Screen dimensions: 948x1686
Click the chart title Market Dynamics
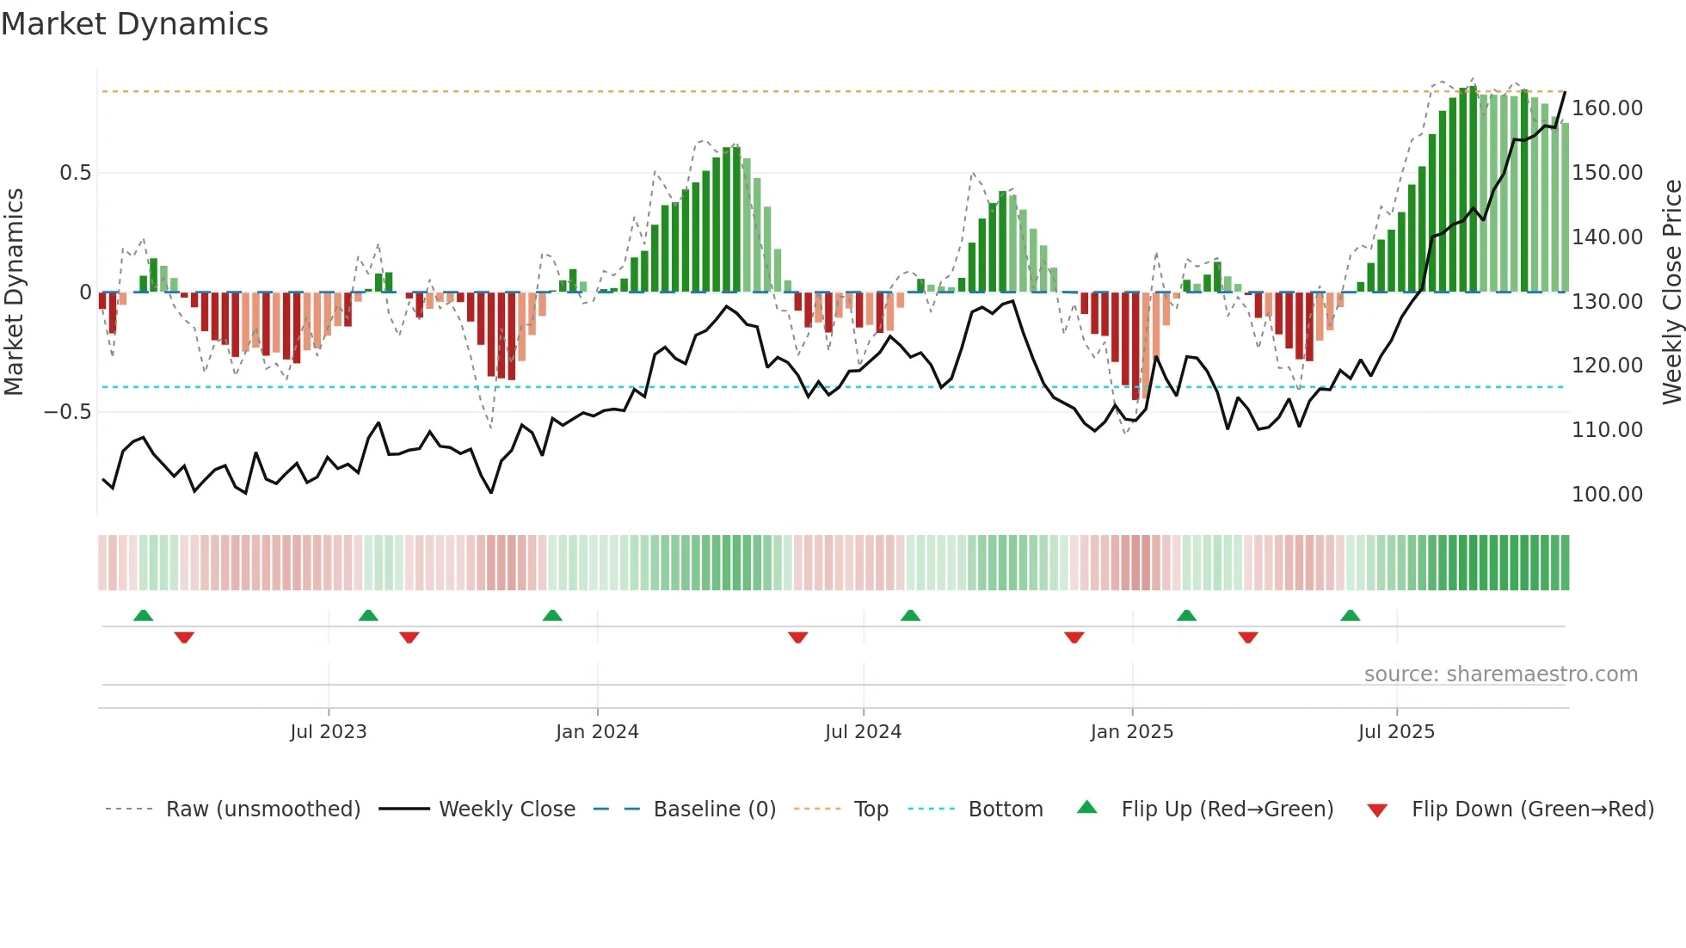[134, 24]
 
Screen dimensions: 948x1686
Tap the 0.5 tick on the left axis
[75, 173]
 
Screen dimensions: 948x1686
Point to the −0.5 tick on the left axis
[67, 412]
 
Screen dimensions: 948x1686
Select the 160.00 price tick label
[1607, 108]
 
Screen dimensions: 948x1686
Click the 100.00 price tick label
[1607, 495]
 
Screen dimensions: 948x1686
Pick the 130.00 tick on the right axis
[1607, 302]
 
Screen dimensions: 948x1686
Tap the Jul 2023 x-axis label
[328, 732]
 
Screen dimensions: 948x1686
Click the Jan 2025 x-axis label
[1131, 732]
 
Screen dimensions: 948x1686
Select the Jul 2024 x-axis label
[863, 732]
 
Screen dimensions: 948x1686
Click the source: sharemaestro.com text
[1500, 674]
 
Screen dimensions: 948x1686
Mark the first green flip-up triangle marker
[144, 616]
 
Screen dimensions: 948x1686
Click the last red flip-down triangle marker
[1248, 637]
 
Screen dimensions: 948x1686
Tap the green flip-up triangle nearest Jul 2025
[1351, 616]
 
